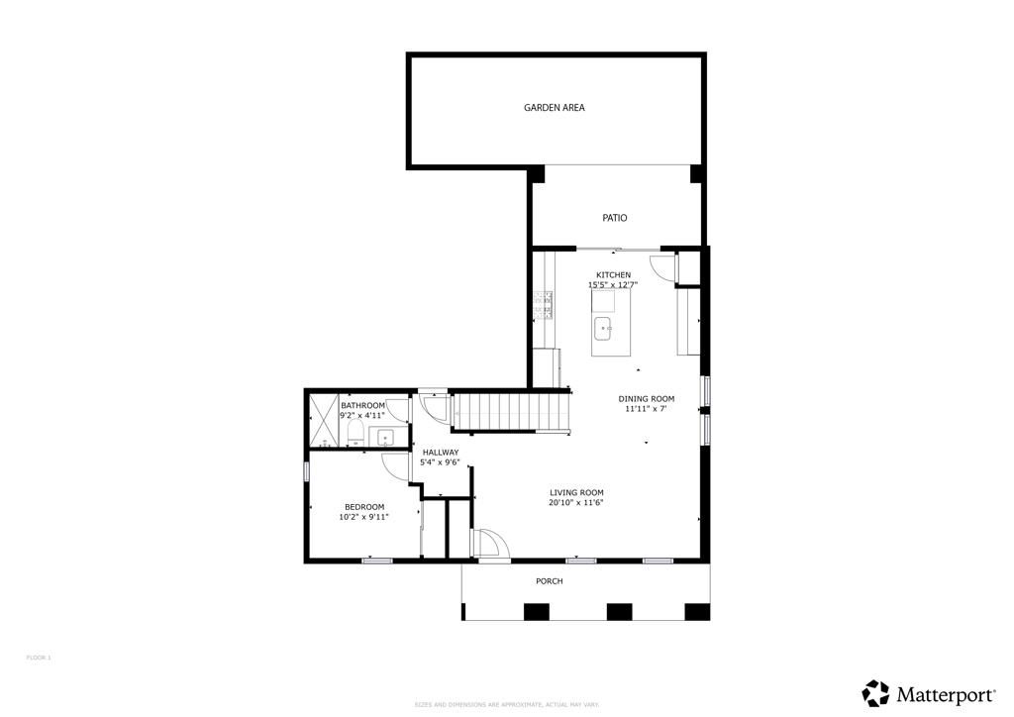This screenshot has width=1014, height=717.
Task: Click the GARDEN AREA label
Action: [x=554, y=107]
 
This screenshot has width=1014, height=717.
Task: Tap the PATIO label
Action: [x=614, y=218]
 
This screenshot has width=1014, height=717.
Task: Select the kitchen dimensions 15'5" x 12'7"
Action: [x=613, y=285]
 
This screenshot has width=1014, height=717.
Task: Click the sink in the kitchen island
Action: [x=603, y=327]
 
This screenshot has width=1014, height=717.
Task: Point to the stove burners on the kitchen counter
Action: [x=542, y=305]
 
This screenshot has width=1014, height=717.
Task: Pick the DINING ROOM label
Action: [x=647, y=398]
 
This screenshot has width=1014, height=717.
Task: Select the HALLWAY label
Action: [x=440, y=452]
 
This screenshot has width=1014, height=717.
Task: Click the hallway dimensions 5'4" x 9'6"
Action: [x=440, y=462]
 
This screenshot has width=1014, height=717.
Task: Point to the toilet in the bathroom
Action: [x=353, y=437]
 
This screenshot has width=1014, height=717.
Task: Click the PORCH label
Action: [x=549, y=581]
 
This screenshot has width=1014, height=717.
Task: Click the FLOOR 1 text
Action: [x=38, y=658]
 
